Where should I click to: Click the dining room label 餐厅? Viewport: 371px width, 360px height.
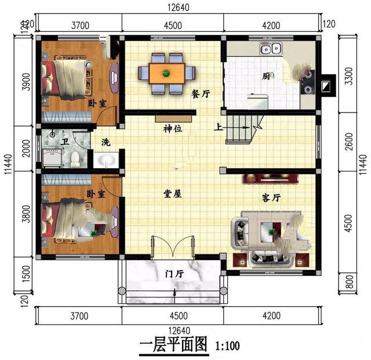pos(201,94)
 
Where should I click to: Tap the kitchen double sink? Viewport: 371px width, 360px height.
pos(271,48)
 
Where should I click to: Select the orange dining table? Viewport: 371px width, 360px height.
pos(166,74)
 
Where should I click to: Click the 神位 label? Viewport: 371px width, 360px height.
pos(173,129)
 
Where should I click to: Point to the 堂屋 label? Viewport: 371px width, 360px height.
pos(173,194)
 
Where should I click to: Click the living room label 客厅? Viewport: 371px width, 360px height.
pos(271,198)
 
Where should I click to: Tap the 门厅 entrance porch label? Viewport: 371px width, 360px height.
pos(174,274)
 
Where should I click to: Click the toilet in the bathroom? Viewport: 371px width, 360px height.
pos(75,159)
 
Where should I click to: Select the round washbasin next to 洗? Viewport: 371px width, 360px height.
pos(106,160)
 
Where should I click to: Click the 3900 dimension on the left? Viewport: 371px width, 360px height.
pos(27,82)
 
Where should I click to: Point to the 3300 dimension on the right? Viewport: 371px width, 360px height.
pos(349,76)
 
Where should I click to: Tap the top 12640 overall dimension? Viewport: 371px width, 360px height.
pos(179,8)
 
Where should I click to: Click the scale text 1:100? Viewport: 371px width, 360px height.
pos(227,346)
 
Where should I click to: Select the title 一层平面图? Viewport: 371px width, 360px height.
pos(173,344)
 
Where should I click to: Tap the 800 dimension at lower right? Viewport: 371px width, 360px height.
pos(349,282)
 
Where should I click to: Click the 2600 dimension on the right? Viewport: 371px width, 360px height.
pos(349,141)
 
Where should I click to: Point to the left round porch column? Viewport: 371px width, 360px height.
pos(122,290)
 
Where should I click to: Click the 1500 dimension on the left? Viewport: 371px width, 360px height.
pos(26,274)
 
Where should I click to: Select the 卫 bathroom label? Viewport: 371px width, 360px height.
pos(64,141)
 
